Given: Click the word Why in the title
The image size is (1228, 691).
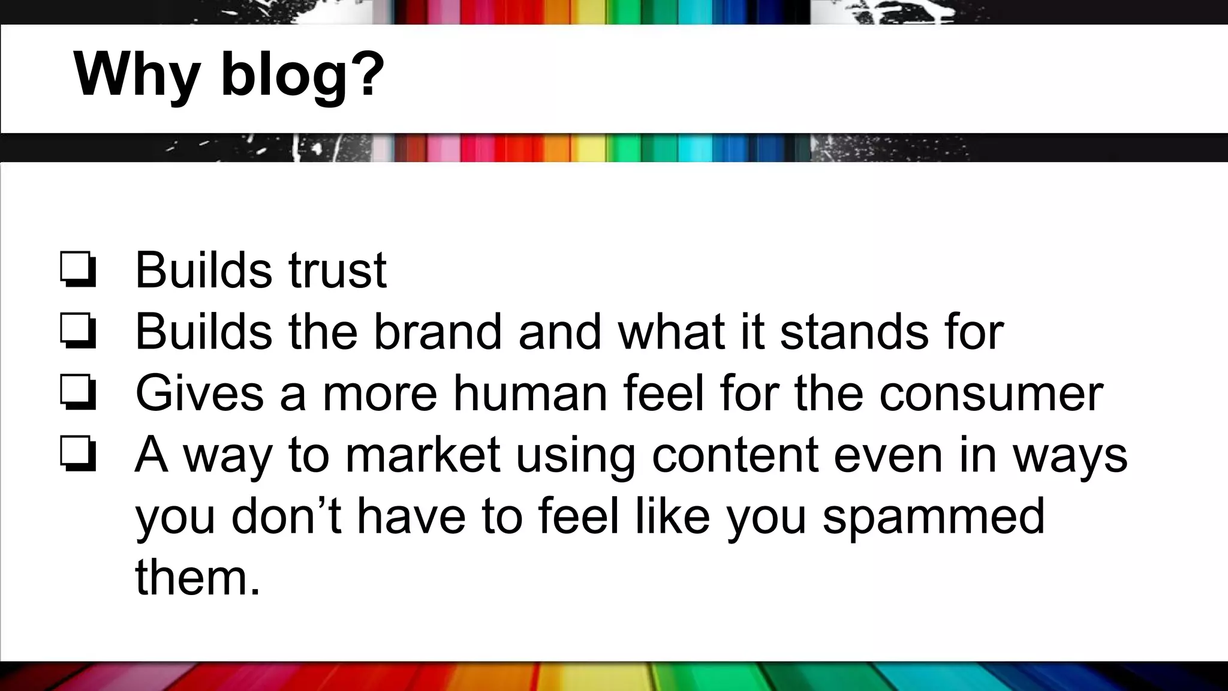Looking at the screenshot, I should click(137, 76).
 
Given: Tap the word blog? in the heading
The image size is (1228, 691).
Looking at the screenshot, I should click(303, 76).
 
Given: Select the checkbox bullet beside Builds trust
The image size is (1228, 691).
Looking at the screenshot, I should click(78, 271).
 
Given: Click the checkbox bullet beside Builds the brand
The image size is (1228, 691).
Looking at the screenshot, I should click(78, 332).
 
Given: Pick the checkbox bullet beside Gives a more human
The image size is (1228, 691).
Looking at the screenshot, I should click(78, 393).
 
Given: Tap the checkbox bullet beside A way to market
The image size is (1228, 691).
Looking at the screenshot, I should click(78, 455).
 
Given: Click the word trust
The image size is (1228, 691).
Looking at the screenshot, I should click(338, 271).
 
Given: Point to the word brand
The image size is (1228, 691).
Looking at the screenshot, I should click(438, 332).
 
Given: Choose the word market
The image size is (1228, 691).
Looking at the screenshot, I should click(423, 455).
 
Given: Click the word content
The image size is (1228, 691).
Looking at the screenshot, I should click(735, 455).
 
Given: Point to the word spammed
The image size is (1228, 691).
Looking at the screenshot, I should click(934, 518).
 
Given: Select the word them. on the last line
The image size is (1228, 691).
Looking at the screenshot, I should click(198, 578).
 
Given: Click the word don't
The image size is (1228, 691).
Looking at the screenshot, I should click(287, 516).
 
